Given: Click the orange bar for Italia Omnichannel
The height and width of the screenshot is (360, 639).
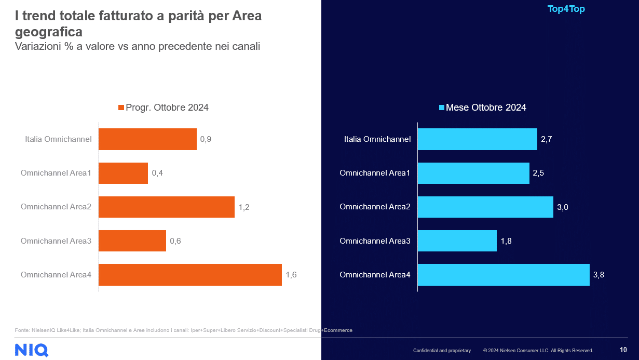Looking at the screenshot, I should tap(147, 139).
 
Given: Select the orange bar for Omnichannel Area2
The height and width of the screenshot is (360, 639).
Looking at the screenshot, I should tap(166, 207).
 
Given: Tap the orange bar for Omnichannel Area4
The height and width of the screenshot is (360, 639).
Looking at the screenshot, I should tap(190, 275).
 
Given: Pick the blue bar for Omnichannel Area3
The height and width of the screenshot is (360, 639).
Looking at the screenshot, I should tap(457, 241).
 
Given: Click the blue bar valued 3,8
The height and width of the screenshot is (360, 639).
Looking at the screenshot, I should tap(504, 275).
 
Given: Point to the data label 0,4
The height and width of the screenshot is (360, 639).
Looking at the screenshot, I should tap(157, 173).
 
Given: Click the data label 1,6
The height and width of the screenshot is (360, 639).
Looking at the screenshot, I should tap(291, 275).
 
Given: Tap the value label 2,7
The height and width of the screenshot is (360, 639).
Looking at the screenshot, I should tap(546, 139).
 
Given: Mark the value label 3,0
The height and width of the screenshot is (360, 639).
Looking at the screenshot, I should tap(562, 207).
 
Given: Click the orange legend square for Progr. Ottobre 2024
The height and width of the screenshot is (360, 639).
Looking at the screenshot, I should tap(121, 108).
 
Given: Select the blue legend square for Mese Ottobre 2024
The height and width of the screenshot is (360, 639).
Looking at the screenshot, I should tap(442, 108).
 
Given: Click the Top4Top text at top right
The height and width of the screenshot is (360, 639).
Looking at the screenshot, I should tap(566, 9).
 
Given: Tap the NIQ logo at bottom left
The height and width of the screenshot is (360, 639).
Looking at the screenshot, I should tap(32, 350).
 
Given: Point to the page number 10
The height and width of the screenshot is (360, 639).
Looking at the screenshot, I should tap(623, 350).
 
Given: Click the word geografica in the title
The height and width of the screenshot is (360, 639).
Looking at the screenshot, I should tap(49, 32).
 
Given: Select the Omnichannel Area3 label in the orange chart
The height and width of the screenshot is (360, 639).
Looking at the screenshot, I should tap(56, 241).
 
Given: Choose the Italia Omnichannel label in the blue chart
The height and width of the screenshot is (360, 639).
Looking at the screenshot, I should tap(377, 139).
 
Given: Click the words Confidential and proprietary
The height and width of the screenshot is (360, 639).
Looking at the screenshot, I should tap(442, 351).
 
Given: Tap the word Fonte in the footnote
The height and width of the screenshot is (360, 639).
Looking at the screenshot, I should tap(22, 330).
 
